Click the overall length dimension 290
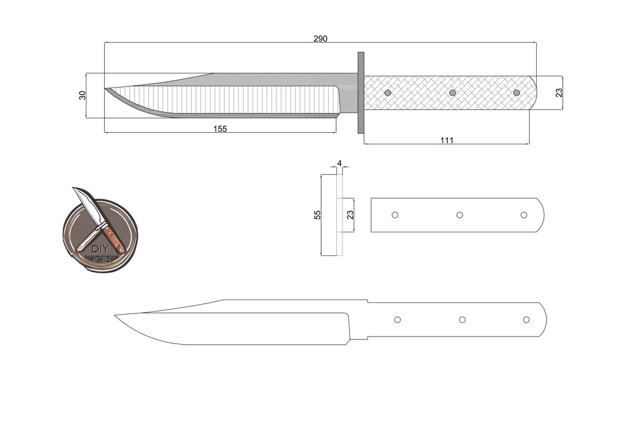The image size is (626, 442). (x=321, y=39)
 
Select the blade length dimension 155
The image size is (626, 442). (x=220, y=129)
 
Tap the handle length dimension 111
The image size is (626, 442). (x=446, y=140)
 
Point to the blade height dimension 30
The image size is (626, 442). (x=82, y=95)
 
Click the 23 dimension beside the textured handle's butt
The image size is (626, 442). (x=559, y=93)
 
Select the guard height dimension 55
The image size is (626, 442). (x=317, y=215)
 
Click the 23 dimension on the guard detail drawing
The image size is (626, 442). (x=350, y=215)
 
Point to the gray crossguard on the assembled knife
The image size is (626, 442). (x=361, y=93)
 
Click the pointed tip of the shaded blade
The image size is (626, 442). (x=106, y=89)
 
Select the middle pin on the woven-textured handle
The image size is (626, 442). (x=452, y=93)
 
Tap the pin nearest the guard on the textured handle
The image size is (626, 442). (x=388, y=93)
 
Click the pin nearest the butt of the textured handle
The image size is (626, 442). (x=516, y=93)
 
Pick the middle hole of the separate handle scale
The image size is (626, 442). (x=459, y=215)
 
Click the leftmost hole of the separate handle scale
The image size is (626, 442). (x=395, y=215)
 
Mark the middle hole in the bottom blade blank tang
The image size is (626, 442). (x=462, y=320)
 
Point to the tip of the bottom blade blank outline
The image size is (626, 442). (x=115, y=315)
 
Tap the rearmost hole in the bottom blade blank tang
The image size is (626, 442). (x=526, y=320)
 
